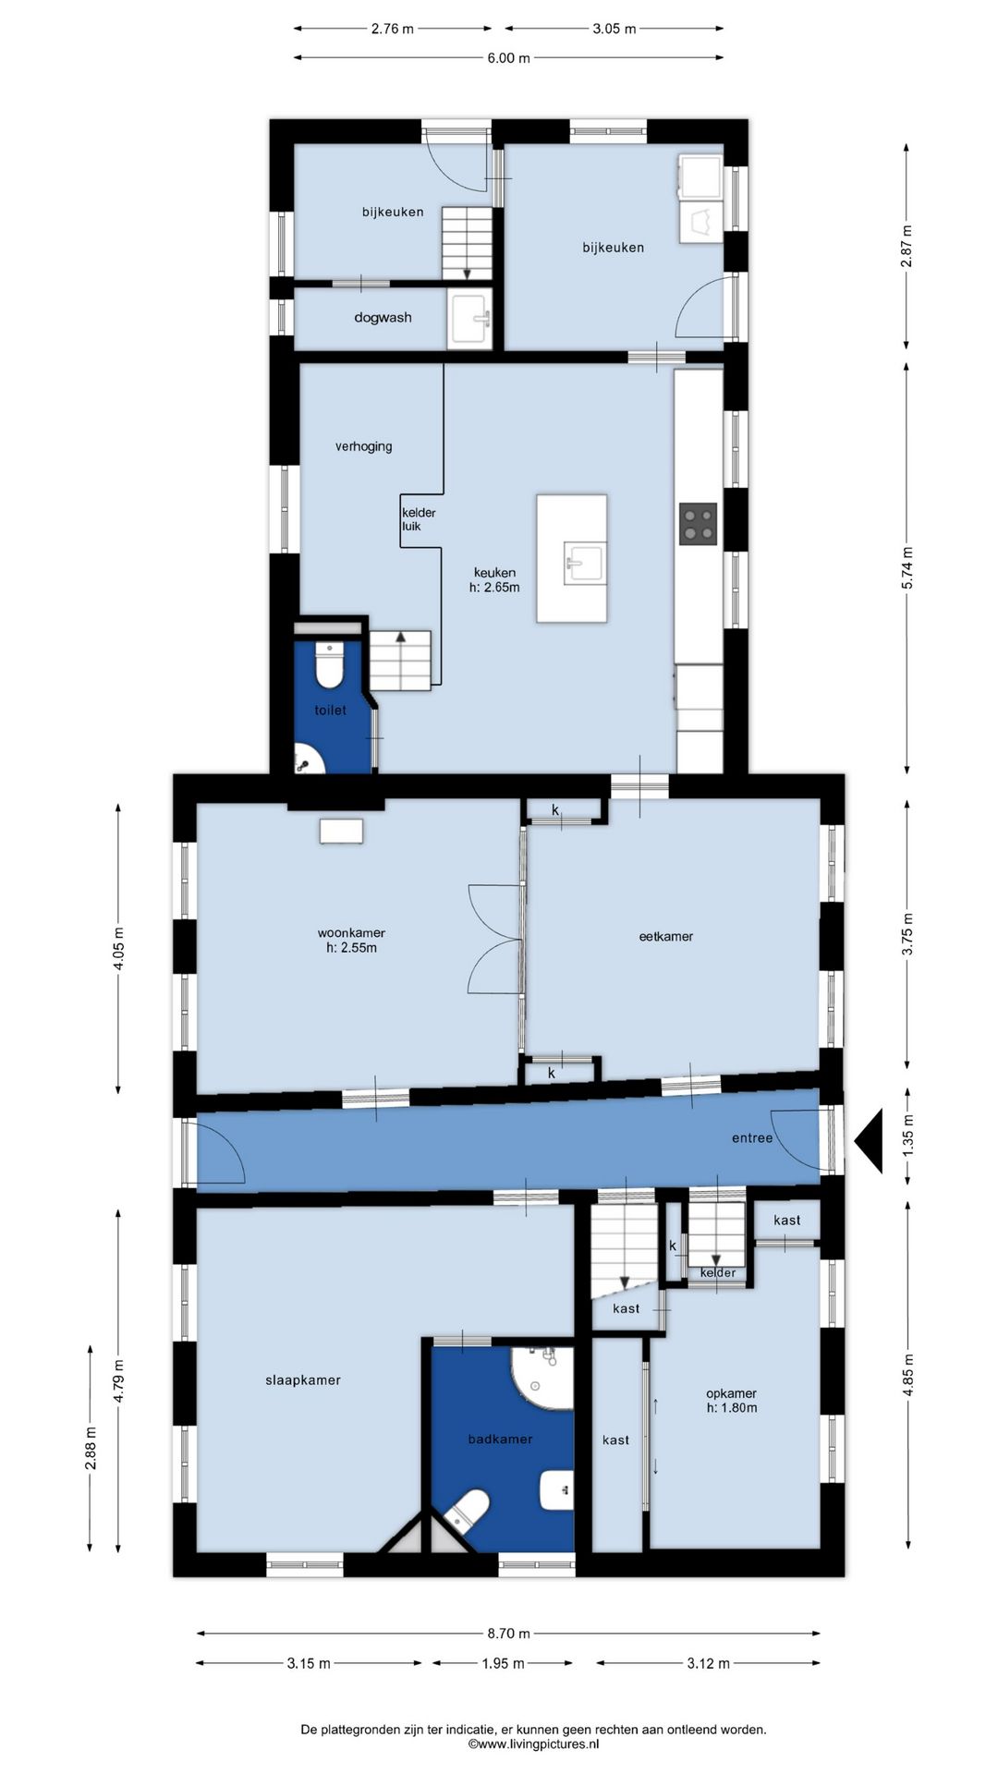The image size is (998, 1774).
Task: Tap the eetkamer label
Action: click(666, 936)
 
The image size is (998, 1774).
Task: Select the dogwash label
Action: click(383, 317)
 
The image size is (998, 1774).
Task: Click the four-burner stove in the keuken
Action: click(699, 523)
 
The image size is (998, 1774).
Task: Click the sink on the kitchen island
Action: click(585, 563)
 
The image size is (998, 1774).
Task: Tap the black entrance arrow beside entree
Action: click(869, 1142)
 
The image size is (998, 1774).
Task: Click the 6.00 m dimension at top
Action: click(508, 57)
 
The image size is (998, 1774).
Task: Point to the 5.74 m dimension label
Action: click(907, 568)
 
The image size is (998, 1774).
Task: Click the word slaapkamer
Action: click(303, 1380)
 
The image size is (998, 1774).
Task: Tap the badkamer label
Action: click(500, 1439)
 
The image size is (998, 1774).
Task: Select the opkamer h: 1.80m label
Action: click(731, 1401)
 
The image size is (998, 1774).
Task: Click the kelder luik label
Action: click(418, 519)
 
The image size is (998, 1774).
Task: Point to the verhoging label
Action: click(363, 446)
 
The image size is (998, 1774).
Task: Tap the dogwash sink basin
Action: click(471, 319)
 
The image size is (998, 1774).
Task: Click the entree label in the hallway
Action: click(752, 1137)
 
